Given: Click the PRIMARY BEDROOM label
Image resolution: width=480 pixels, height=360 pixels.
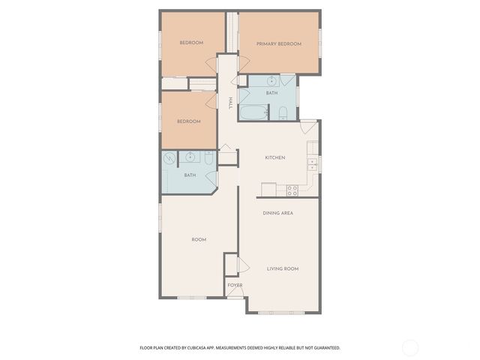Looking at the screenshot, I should (278, 44).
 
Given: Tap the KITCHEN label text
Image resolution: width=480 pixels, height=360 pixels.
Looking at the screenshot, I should (275, 157).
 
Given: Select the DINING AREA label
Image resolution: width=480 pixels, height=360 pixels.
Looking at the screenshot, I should (277, 213).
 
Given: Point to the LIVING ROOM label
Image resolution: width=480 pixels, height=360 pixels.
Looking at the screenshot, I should (283, 268).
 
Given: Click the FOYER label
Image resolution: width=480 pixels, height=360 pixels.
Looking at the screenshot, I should (235, 286).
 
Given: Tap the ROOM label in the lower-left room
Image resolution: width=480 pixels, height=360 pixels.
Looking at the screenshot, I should (199, 239).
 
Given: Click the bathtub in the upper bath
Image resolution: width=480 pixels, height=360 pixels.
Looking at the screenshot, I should (253, 113).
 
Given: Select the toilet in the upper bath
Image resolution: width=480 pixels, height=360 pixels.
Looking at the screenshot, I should (283, 113).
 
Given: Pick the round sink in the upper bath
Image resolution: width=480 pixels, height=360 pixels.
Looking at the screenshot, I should (271, 81).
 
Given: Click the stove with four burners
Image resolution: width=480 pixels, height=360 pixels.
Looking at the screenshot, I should (292, 190).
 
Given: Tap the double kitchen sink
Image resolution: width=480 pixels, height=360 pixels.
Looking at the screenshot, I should (312, 163).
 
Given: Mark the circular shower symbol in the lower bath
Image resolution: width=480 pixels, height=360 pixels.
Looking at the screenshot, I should (170, 158).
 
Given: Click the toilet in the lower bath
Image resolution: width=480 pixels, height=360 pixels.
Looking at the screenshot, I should (208, 158).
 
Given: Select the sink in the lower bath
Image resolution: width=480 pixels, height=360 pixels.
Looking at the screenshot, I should (190, 157).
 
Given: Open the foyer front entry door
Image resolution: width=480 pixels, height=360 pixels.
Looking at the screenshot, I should (235, 298).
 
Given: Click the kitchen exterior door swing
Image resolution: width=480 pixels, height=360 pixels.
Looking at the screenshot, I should (308, 126).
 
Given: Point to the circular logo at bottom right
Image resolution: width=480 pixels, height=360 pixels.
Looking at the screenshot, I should (410, 347).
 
